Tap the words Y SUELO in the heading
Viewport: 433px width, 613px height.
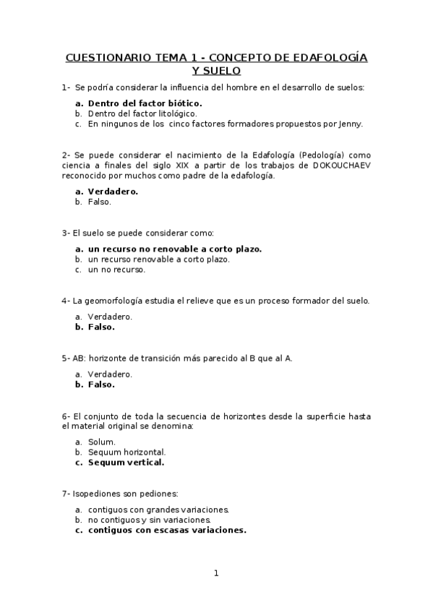tap(216, 71)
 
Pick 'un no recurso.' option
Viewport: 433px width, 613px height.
tap(116, 270)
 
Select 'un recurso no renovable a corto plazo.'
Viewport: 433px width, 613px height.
tap(175, 249)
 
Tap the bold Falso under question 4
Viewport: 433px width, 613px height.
tap(101, 327)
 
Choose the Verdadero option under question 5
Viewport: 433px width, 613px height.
tap(110, 374)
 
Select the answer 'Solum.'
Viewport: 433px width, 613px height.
tap(102, 442)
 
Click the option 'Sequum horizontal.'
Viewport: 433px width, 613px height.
tap(127, 452)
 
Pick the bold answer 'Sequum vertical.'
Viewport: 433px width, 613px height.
tap(127, 462)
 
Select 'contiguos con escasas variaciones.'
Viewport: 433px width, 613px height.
tap(167, 530)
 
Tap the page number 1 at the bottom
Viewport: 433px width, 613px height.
tap(216, 573)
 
